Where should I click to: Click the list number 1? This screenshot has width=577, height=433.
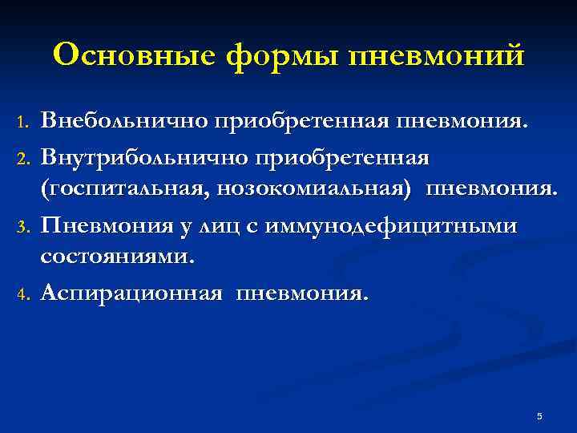pyautogui.click(x=22, y=123)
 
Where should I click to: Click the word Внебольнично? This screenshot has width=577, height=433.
pyautogui.click(x=124, y=121)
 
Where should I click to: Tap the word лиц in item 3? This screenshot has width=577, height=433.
pyautogui.click(x=232, y=226)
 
